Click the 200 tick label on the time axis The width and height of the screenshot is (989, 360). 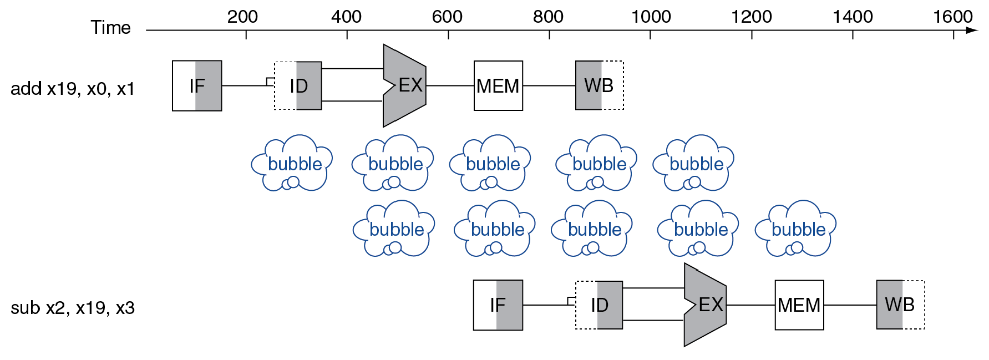tap(242, 17)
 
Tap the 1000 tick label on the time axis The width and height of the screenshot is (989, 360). tap(651, 17)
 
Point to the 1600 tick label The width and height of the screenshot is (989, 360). tap(952, 17)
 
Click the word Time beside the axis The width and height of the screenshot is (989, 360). tap(110, 28)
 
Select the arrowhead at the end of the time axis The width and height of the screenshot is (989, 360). tap(971, 30)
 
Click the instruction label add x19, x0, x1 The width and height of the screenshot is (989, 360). tap(73, 89)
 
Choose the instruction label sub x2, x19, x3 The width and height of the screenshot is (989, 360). tap(73, 308)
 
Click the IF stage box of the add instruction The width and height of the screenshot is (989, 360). tap(197, 86)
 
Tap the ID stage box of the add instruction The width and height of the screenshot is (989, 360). tap(298, 86)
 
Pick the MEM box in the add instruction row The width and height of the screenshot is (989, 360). tap(498, 86)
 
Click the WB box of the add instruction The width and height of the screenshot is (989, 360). tap(599, 85)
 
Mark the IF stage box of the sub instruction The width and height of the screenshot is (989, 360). tap(498, 305)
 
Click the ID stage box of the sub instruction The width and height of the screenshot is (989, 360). tap(599, 305)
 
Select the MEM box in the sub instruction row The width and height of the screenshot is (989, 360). tap(799, 305)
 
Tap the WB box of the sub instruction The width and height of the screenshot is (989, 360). tap(900, 305)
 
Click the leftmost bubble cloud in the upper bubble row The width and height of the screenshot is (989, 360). tap(292, 163)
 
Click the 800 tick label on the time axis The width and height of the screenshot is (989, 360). tap(548, 17)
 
